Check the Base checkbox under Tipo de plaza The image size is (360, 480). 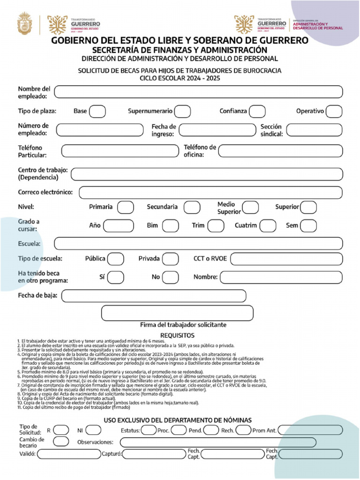(97, 112)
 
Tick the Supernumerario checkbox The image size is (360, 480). (182, 112)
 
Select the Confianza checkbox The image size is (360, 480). (257, 112)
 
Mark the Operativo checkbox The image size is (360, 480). (334, 112)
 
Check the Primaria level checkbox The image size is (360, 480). (125, 207)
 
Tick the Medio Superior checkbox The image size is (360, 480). (250, 207)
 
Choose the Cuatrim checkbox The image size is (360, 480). (268, 226)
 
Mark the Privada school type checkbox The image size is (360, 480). (170, 259)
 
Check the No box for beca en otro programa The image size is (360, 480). (170, 277)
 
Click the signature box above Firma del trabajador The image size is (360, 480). (177, 313)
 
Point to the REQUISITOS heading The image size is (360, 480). (177, 336)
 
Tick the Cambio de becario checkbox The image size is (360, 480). (61, 442)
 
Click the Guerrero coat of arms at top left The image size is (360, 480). (24, 23)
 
